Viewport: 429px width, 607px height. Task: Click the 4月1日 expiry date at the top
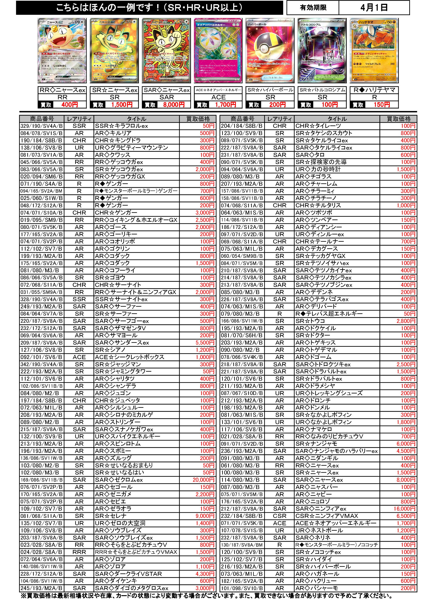tap(374, 8)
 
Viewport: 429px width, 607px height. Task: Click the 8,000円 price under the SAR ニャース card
tap(174, 105)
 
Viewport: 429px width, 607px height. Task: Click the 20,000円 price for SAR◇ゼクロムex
tap(203, 480)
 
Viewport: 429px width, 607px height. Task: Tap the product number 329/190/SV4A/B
tap(42, 126)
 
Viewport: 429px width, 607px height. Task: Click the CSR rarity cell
tap(279, 516)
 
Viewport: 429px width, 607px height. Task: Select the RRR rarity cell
tap(79, 552)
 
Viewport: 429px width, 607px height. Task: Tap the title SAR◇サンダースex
tap(122, 343)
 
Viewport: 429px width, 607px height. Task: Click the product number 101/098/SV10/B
tap(242, 588)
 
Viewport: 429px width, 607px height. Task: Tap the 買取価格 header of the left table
tap(198, 119)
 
